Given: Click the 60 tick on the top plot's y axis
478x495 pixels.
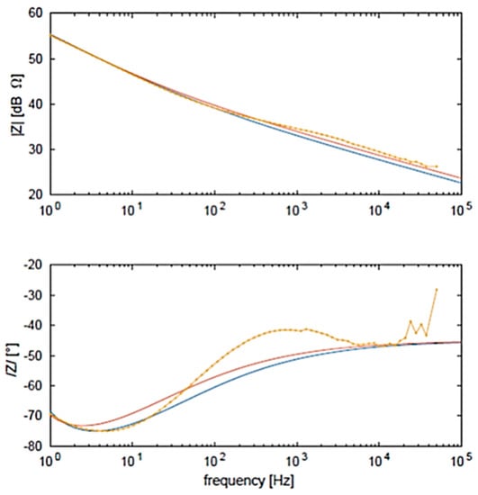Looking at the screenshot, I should point(36,13).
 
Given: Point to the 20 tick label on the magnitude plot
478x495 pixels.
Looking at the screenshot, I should point(36,194).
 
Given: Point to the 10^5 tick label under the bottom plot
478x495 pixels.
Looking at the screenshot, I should point(461,462).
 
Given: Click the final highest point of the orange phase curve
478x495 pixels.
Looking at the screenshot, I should point(437,289).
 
